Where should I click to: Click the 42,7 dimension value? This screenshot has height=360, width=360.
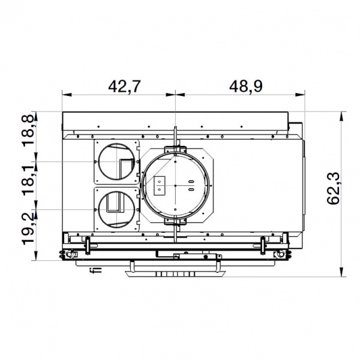pyautogui.click(x=124, y=86)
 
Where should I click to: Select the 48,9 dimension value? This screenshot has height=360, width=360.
pyautogui.click(x=246, y=86)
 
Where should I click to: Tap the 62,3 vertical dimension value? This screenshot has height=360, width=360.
pyautogui.click(x=334, y=188)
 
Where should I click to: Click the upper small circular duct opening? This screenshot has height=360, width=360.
pyautogui.click(x=116, y=161)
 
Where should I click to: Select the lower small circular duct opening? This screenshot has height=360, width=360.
pyautogui.click(x=116, y=209)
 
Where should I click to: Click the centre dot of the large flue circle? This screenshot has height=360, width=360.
pyautogui.click(x=175, y=185)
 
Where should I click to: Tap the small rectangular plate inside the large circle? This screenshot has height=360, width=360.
pyautogui.click(x=160, y=186)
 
